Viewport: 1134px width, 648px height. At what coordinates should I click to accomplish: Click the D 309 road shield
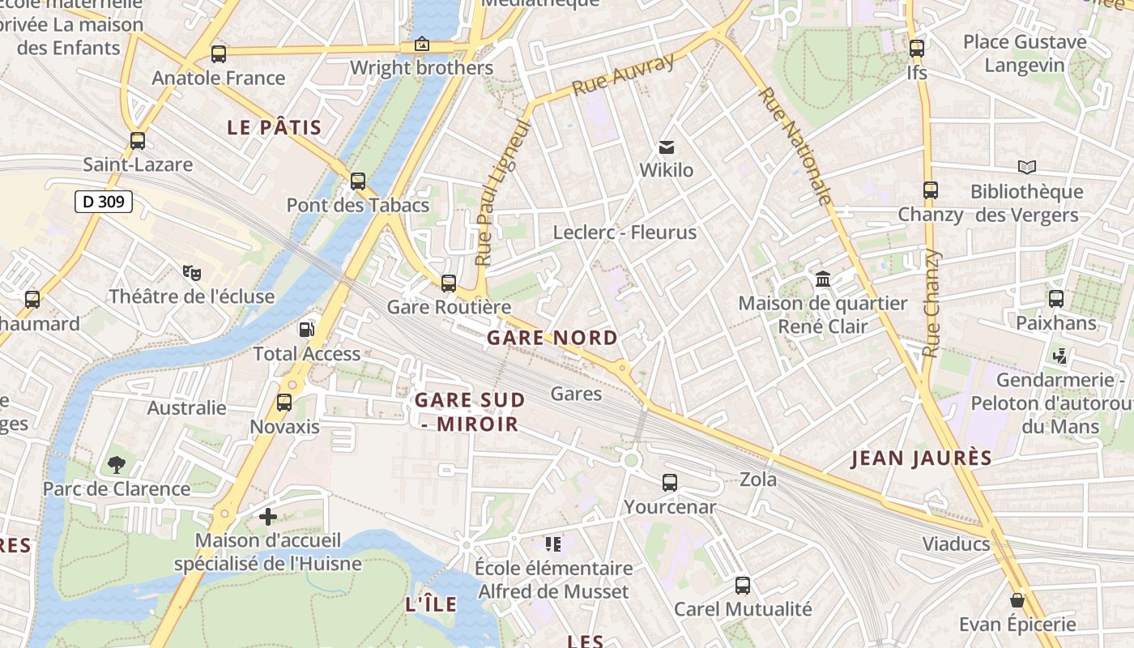pyautogui.click(x=104, y=202)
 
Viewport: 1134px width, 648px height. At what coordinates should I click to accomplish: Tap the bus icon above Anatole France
pyautogui.click(x=219, y=54)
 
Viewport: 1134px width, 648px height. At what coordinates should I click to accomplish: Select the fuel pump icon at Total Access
pyautogui.click(x=307, y=329)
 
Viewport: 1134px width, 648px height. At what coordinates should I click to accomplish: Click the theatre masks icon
pyautogui.click(x=191, y=272)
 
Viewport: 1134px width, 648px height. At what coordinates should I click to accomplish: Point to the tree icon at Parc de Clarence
pyautogui.click(x=117, y=465)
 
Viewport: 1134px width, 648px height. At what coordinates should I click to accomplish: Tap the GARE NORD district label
pyautogui.click(x=552, y=339)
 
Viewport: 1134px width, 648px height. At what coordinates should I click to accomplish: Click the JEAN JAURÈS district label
pyautogui.click(x=921, y=458)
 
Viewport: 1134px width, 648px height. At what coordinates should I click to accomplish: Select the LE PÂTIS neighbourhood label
pyautogui.click(x=274, y=128)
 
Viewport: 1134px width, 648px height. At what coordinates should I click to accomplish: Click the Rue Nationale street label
pyautogui.click(x=795, y=146)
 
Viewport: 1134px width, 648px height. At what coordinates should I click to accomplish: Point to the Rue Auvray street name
pyautogui.click(x=623, y=75)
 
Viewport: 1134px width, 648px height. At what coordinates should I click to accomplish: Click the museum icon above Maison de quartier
pyautogui.click(x=823, y=279)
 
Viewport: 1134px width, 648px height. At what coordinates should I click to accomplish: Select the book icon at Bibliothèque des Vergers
pyautogui.click(x=1026, y=167)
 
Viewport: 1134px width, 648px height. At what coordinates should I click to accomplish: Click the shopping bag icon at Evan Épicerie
pyautogui.click(x=1017, y=600)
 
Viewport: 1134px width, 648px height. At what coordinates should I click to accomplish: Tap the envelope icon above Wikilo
pyautogui.click(x=667, y=147)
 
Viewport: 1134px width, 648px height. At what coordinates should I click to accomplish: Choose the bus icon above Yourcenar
pyautogui.click(x=670, y=483)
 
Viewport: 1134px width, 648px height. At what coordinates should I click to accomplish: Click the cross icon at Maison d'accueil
pyautogui.click(x=268, y=516)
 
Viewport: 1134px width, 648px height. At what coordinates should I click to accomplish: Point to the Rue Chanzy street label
pyautogui.click(x=932, y=304)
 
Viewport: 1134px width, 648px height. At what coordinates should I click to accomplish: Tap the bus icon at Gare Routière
pyautogui.click(x=449, y=283)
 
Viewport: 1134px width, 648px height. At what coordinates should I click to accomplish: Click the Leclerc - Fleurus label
pyautogui.click(x=625, y=232)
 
